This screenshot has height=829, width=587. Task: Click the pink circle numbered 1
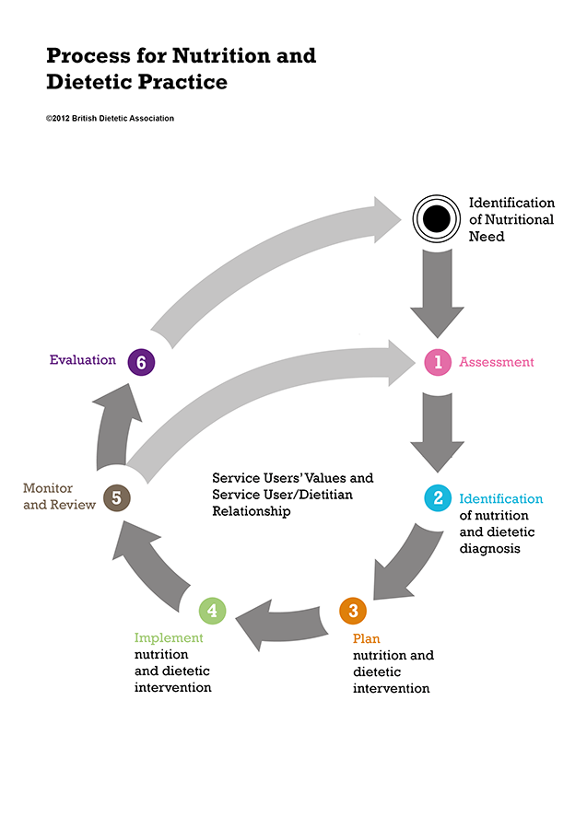coord(438,362)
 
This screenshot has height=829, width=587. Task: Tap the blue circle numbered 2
coord(438,498)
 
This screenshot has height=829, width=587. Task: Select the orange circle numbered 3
coord(353,610)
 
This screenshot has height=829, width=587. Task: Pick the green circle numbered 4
coord(212,610)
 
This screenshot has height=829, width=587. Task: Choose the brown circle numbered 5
coord(116,498)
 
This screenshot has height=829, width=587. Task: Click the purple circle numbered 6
coord(141,362)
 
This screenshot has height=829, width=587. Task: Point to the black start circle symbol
coord(435,217)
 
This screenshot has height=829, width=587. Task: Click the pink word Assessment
coord(497,362)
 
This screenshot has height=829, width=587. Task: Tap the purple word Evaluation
coord(82,360)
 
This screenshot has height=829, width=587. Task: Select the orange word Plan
coord(366,637)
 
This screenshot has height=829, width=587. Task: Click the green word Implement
coord(169,637)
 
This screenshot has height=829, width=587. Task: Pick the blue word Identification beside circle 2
coord(501,498)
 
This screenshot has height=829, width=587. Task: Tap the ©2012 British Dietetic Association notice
coord(110,118)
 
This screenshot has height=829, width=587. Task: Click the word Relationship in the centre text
coord(252,511)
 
